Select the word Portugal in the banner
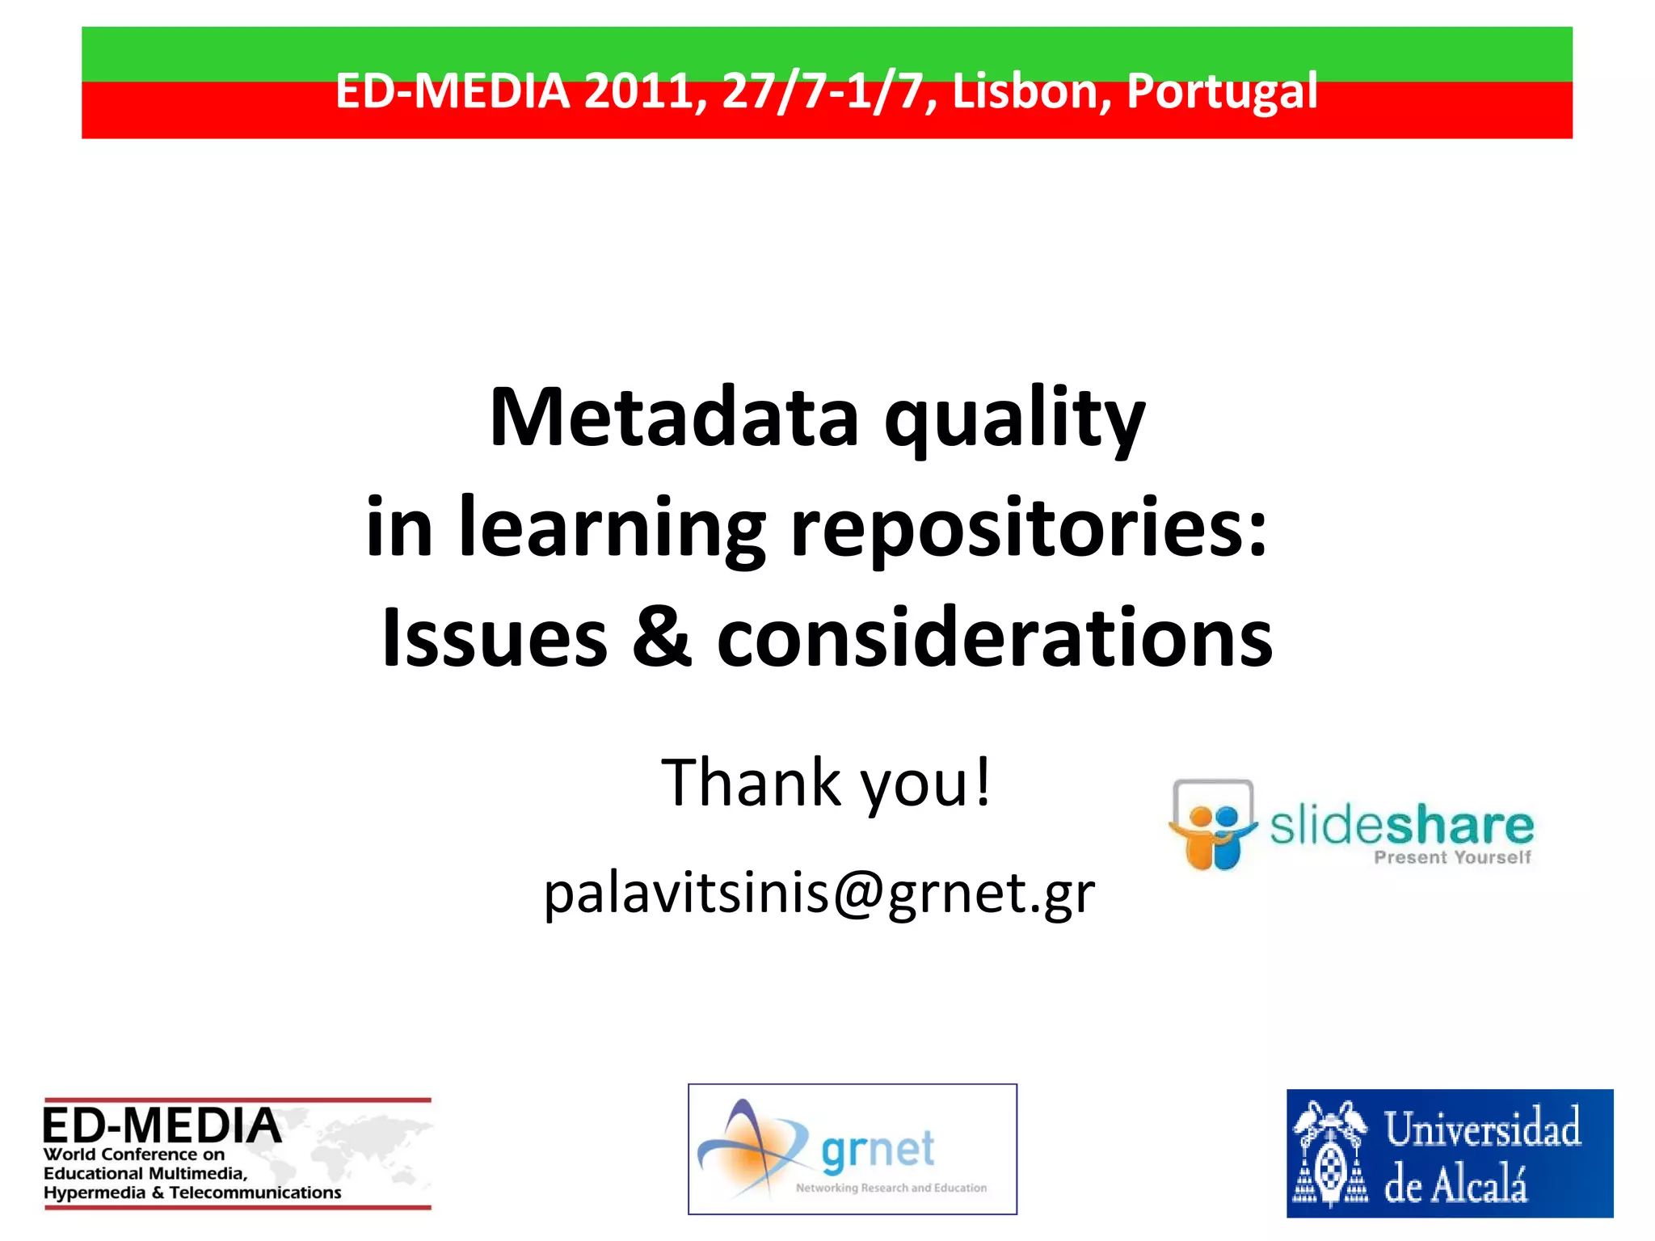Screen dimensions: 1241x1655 click(x=1222, y=90)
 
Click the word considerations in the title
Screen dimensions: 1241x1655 click(x=994, y=638)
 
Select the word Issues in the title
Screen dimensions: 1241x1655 click(x=495, y=638)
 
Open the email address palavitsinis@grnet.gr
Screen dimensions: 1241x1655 click(x=819, y=894)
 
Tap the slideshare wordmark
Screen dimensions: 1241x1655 click(x=1401, y=826)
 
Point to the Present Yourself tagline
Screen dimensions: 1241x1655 click(x=1452, y=858)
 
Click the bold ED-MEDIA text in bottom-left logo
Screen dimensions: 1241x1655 click(x=162, y=1125)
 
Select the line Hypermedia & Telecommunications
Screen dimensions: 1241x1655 click(x=192, y=1193)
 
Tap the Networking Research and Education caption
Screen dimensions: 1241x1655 click(x=891, y=1188)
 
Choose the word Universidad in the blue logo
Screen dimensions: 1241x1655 click(x=1482, y=1129)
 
